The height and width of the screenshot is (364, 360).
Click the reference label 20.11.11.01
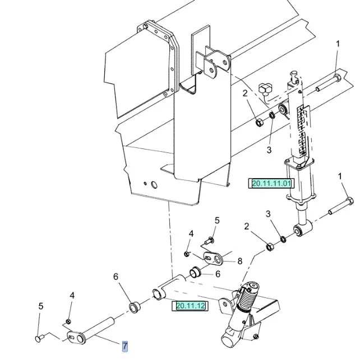pos(271,183)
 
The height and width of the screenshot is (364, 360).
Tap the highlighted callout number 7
pos(125,346)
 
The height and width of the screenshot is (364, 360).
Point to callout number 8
pos(239,261)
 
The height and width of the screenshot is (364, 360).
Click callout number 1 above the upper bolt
pos(338,44)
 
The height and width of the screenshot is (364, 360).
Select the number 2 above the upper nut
pos(245,93)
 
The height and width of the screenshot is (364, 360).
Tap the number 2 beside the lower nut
pos(246,226)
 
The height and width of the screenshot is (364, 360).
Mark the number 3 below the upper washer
pos(269,150)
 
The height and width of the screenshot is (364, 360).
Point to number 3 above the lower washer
pos(268,214)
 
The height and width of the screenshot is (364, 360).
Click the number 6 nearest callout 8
pos(217,274)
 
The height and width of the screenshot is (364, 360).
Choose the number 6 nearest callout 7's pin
pos(116,277)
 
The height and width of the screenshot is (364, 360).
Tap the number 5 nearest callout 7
pos(40,306)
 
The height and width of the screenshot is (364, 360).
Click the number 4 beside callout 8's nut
pos(191,234)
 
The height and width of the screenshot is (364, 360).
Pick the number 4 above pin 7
pos(72,295)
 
